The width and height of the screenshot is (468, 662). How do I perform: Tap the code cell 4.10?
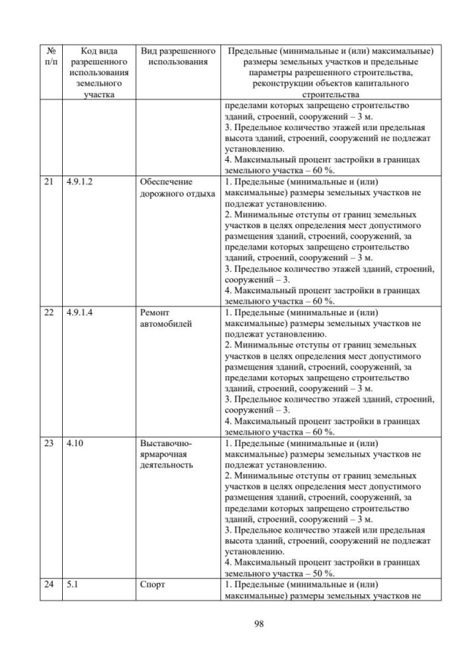click(x=75, y=443)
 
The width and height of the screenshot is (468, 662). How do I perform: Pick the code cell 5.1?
click(x=72, y=585)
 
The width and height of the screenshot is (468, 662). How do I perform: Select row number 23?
click(x=50, y=443)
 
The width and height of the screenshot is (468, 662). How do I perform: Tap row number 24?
click(x=50, y=585)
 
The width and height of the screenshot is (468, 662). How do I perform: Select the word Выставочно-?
click(x=165, y=443)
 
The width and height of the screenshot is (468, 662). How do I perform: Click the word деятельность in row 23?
click(x=166, y=466)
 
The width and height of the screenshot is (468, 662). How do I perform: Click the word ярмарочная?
click(x=165, y=454)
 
